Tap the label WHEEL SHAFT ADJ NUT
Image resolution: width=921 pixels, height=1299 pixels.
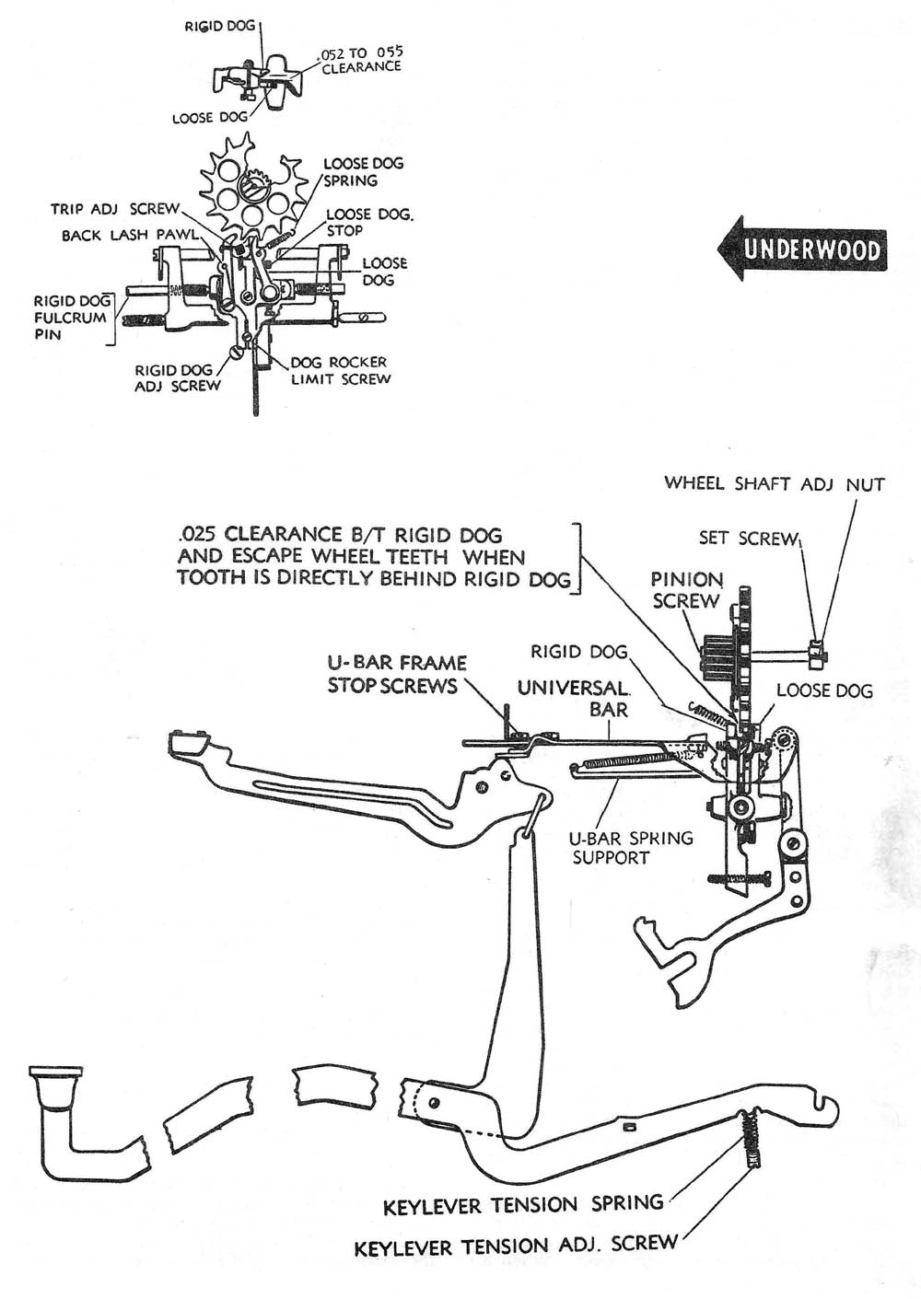click(x=774, y=484)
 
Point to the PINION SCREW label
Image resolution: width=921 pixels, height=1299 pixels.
click(x=686, y=590)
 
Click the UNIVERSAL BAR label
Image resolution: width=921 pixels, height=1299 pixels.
click(x=573, y=698)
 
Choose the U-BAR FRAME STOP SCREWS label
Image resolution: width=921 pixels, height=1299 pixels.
click(x=396, y=674)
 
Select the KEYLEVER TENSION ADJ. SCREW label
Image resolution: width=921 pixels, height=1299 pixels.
click(x=516, y=1247)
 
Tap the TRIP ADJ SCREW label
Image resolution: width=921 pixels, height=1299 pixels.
click(x=115, y=210)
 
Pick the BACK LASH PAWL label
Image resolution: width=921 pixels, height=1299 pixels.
click(x=129, y=236)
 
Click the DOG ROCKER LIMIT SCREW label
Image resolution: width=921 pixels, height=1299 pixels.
click(x=338, y=370)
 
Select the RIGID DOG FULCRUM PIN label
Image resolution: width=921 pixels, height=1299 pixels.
click(x=69, y=318)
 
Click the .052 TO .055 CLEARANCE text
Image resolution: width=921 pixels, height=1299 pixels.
click(x=361, y=60)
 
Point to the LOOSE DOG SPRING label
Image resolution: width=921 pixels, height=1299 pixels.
click(x=362, y=172)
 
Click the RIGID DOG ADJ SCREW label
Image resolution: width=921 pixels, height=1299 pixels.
click(x=177, y=378)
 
